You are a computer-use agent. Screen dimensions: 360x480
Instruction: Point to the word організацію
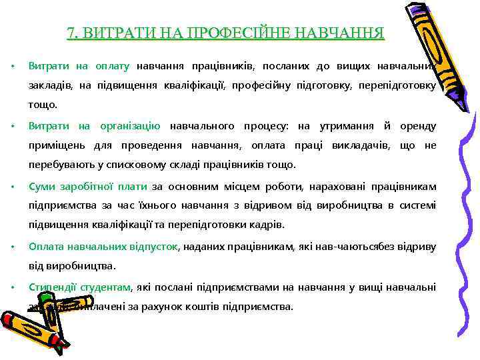click(x=130, y=126)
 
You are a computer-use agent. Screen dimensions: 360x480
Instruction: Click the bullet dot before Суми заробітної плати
click(x=12, y=187)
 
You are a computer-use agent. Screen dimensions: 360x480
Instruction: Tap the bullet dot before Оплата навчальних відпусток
click(x=12, y=247)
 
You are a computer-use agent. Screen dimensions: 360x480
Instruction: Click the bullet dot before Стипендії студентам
click(x=12, y=287)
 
